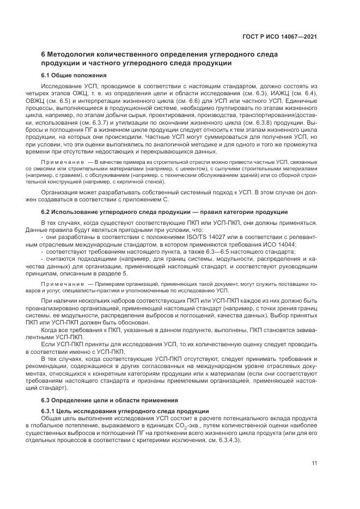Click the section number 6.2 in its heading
[x=47, y=211]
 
